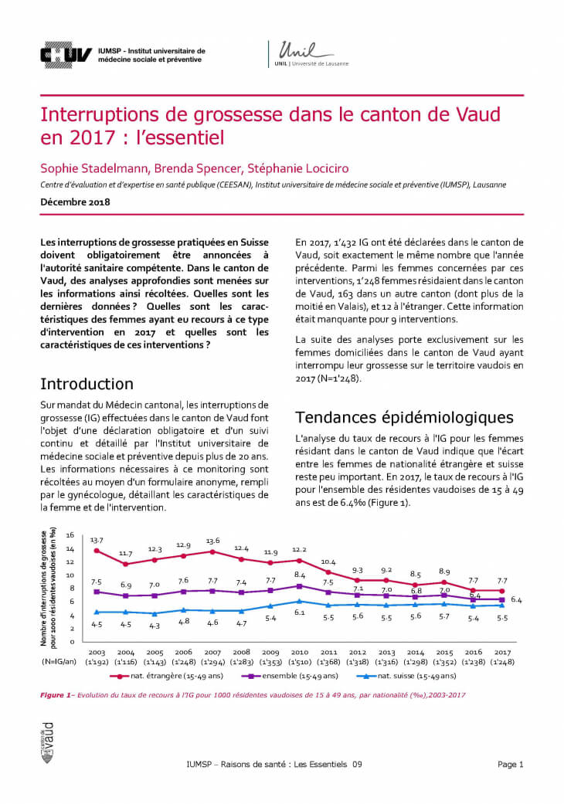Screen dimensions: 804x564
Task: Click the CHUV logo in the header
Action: point(66,53)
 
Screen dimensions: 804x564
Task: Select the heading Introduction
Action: point(87,384)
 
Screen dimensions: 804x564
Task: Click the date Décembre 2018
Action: point(75,202)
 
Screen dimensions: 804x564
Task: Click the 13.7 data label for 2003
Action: point(97,540)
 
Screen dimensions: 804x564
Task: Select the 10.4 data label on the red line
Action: point(328,561)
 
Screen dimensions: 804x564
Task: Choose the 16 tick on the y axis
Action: point(70,535)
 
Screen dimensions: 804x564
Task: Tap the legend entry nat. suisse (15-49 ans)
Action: point(414,677)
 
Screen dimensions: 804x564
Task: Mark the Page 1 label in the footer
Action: point(511,765)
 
